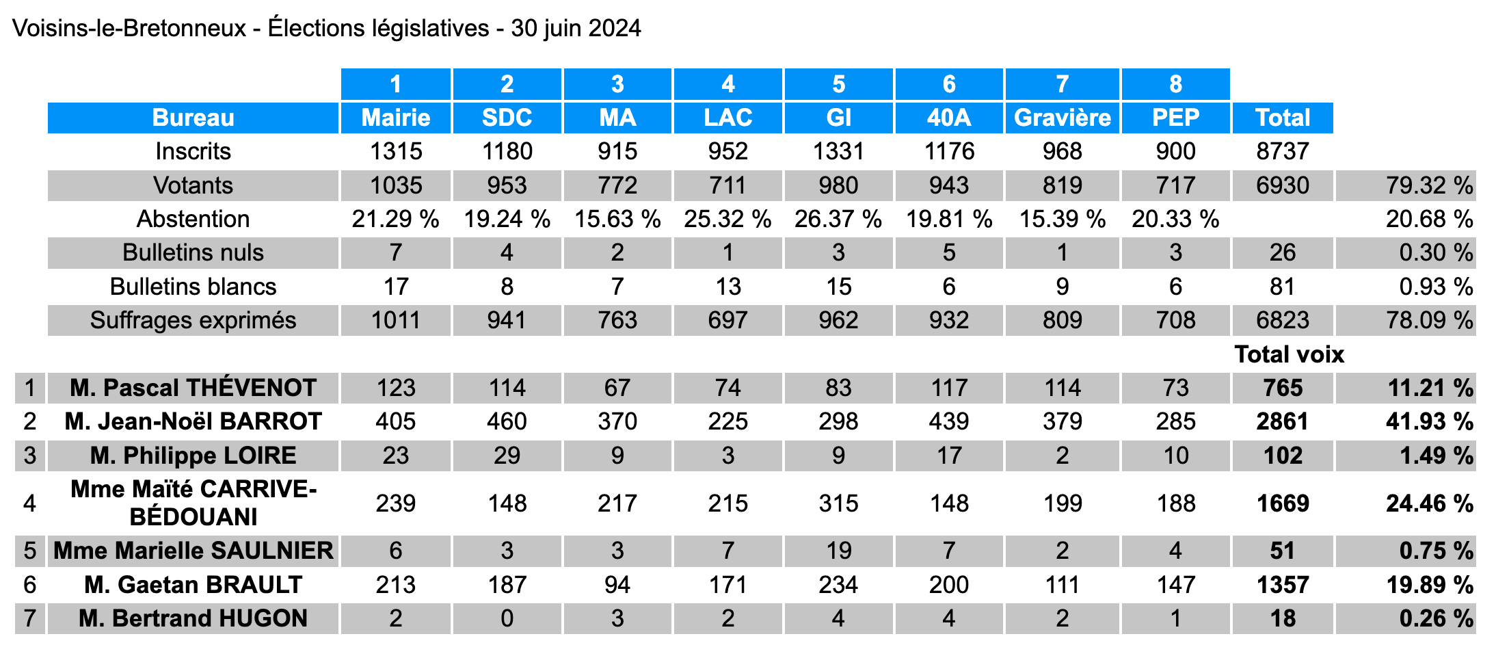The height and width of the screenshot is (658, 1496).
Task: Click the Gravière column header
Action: (x=1062, y=118)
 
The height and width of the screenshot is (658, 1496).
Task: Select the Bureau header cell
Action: (x=193, y=118)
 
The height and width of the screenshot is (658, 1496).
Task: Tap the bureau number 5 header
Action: (x=838, y=84)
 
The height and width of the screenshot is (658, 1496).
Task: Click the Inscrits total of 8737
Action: (x=1282, y=151)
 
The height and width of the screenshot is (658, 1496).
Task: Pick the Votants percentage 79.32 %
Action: (x=1428, y=185)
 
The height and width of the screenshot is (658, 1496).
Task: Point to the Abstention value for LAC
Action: (x=727, y=219)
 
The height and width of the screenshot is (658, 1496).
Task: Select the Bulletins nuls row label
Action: (x=193, y=252)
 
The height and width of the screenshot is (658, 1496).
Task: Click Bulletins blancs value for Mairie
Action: (x=396, y=287)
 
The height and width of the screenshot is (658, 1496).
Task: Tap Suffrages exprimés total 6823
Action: (x=1282, y=320)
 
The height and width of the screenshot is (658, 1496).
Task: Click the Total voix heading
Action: (x=1289, y=354)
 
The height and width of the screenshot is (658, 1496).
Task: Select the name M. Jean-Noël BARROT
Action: (x=193, y=421)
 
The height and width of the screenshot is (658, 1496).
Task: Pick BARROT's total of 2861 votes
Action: (x=1282, y=421)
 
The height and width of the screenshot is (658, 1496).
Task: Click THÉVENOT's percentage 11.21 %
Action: (x=1428, y=388)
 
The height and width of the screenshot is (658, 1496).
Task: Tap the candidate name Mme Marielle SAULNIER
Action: (x=193, y=551)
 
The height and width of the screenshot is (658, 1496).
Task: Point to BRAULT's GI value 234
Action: (x=838, y=585)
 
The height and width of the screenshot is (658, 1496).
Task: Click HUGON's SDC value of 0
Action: (x=507, y=618)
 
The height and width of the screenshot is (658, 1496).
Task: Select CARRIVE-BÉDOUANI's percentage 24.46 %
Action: (x=1428, y=503)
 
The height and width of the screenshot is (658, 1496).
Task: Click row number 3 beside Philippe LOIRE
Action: (x=29, y=456)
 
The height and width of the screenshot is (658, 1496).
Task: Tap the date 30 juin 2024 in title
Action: (x=576, y=28)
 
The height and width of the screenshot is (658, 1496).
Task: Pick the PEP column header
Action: (x=1175, y=118)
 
